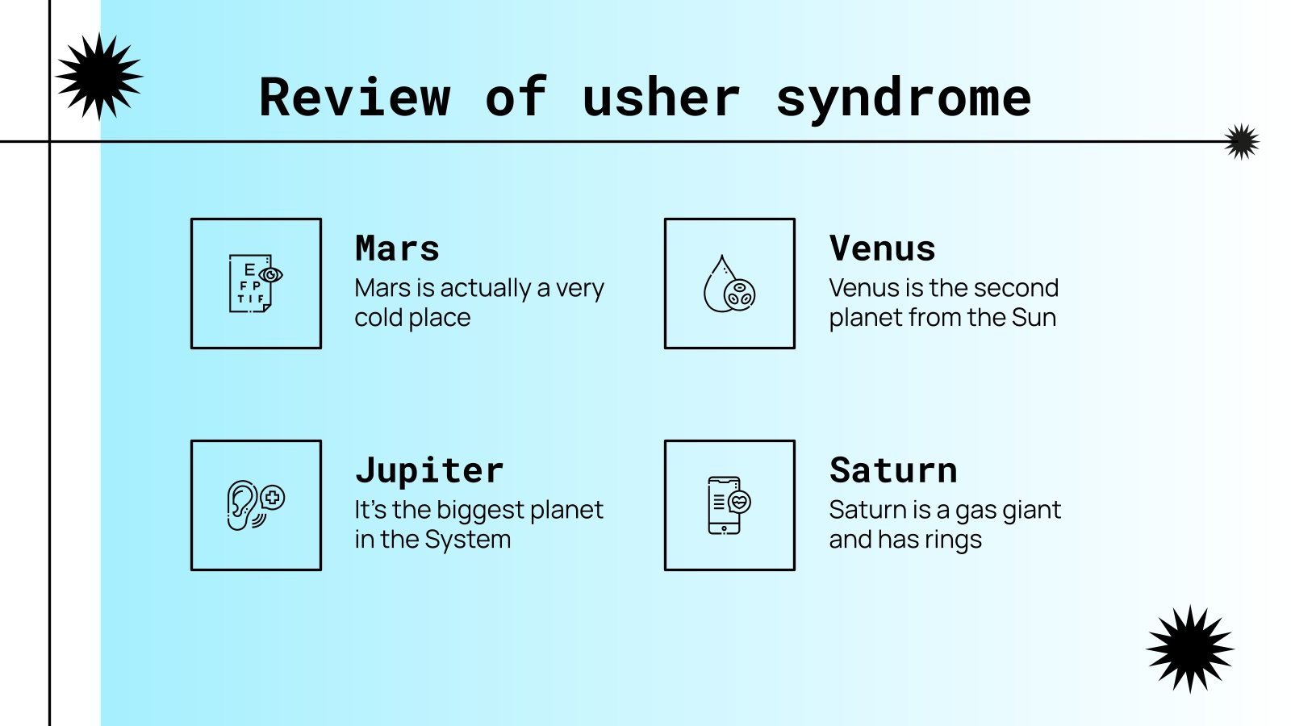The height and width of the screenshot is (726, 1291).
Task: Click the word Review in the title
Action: tap(354, 97)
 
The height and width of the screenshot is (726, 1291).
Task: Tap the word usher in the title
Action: tap(662, 97)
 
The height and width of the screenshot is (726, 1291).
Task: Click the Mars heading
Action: tap(397, 248)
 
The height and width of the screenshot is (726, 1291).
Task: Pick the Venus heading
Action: tap(882, 248)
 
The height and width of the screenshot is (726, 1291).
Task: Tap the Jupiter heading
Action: tap(429, 470)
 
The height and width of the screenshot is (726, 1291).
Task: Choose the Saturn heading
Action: tap(893, 470)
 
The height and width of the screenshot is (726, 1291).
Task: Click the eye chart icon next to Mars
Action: tap(255, 283)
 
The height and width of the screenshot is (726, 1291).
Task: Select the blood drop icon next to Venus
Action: tap(729, 284)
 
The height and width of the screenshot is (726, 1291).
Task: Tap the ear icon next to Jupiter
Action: tap(255, 505)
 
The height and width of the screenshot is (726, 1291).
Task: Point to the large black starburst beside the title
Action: tap(99, 76)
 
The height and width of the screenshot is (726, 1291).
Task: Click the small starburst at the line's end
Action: tap(1242, 141)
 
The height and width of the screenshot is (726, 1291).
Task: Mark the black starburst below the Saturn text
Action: tap(1190, 649)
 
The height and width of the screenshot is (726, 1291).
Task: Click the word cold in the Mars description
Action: tap(376, 318)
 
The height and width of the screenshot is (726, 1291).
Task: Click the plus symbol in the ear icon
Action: tap(274, 497)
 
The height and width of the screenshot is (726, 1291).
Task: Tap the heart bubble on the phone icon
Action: tap(739, 502)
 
